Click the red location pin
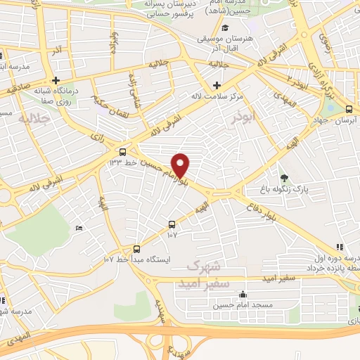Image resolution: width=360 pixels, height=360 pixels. [x=181, y=165]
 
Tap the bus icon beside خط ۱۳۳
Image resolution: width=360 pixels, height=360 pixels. [x=123, y=152]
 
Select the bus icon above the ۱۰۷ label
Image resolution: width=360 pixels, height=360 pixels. [x=172, y=224]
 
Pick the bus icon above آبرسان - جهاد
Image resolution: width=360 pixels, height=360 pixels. [x=349, y=108]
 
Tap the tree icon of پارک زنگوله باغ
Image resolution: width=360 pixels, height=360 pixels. [x=284, y=178]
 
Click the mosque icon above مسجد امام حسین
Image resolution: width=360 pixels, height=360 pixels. [x=243, y=294]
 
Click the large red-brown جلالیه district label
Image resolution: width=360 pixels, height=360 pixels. [x=34, y=118]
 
